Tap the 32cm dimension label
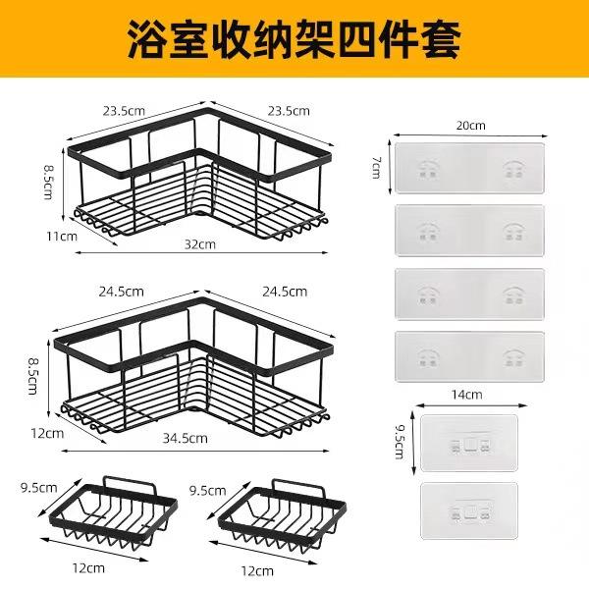199,244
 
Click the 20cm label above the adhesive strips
470,126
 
